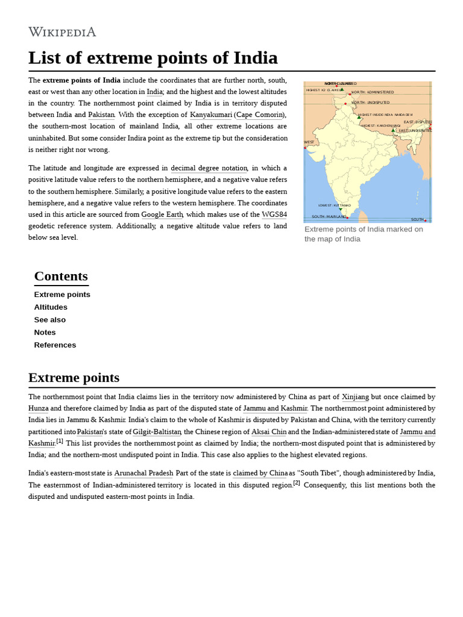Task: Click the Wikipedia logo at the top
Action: click(x=62, y=32)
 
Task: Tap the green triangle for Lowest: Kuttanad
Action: click(x=341, y=210)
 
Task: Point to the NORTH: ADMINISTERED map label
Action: click(x=373, y=92)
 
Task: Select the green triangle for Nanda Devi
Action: click(x=359, y=117)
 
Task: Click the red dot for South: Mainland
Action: click(x=347, y=218)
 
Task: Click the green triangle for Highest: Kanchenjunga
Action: click(x=393, y=130)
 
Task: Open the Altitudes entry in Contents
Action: click(x=51, y=307)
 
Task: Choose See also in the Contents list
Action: click(x=50, y=320)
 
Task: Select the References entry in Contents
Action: click(x=55, y=345)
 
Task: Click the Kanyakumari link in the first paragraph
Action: click(x=211, y=114)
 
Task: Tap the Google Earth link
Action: click(x=162, y=215)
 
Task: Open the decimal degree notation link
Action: click(x=209, y=168)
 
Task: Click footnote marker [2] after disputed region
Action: click(x=297, y=483)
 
